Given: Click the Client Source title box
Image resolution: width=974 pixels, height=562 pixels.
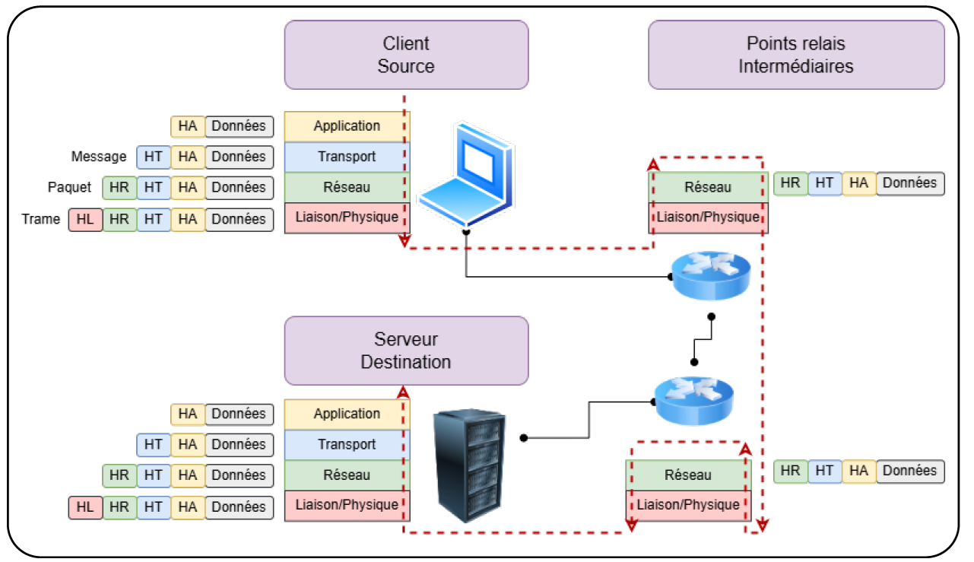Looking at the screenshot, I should (406, 55).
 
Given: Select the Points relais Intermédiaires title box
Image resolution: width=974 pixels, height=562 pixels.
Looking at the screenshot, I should (796, 55).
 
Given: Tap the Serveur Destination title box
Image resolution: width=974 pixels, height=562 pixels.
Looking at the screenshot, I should (406, 351).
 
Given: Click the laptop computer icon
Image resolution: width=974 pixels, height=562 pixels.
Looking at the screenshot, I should (464, 176).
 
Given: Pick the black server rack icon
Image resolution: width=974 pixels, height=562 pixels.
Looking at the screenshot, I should (469, 465).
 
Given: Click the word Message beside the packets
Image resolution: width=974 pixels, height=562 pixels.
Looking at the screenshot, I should (99, 157).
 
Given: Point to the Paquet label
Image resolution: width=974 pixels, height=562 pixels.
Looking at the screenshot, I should (69, 187).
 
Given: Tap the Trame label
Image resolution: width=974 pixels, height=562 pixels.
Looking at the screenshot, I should (41, 219).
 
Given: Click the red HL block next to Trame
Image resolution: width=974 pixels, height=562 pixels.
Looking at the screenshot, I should (85, 219).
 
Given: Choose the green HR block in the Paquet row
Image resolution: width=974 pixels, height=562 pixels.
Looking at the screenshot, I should (119, 187).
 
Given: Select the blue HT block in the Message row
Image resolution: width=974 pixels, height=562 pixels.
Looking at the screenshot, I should (154, 157).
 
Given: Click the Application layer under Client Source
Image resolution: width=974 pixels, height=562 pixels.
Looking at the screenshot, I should (347, 126).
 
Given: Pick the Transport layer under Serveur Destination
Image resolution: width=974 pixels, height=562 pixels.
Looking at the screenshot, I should (347, 444).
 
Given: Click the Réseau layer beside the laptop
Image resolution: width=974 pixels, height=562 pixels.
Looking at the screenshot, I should (347, 187).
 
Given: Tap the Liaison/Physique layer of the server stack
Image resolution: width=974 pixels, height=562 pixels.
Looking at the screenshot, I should (347, 505).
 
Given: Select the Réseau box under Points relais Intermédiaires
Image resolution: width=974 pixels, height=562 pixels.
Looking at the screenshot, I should (708, 187).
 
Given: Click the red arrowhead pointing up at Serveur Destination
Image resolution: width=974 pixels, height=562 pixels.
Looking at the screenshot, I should (403, 392).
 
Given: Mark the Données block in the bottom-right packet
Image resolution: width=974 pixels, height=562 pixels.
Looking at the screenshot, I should (910, 471).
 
